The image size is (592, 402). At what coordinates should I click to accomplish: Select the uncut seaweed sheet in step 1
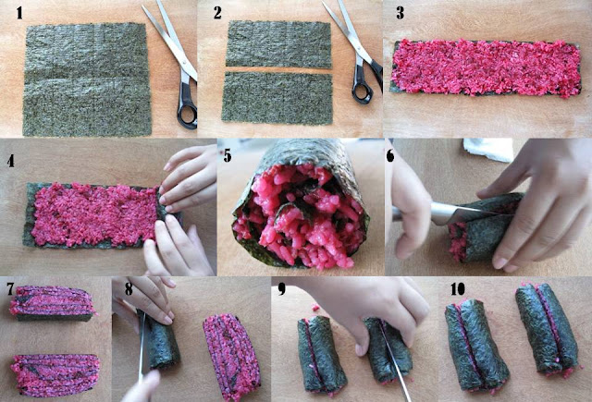(85, 79)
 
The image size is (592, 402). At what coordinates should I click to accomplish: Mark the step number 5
(226, 153)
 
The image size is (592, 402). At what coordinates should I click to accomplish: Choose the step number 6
(391, 154)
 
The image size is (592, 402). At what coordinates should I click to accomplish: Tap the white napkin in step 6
(486, 148)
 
